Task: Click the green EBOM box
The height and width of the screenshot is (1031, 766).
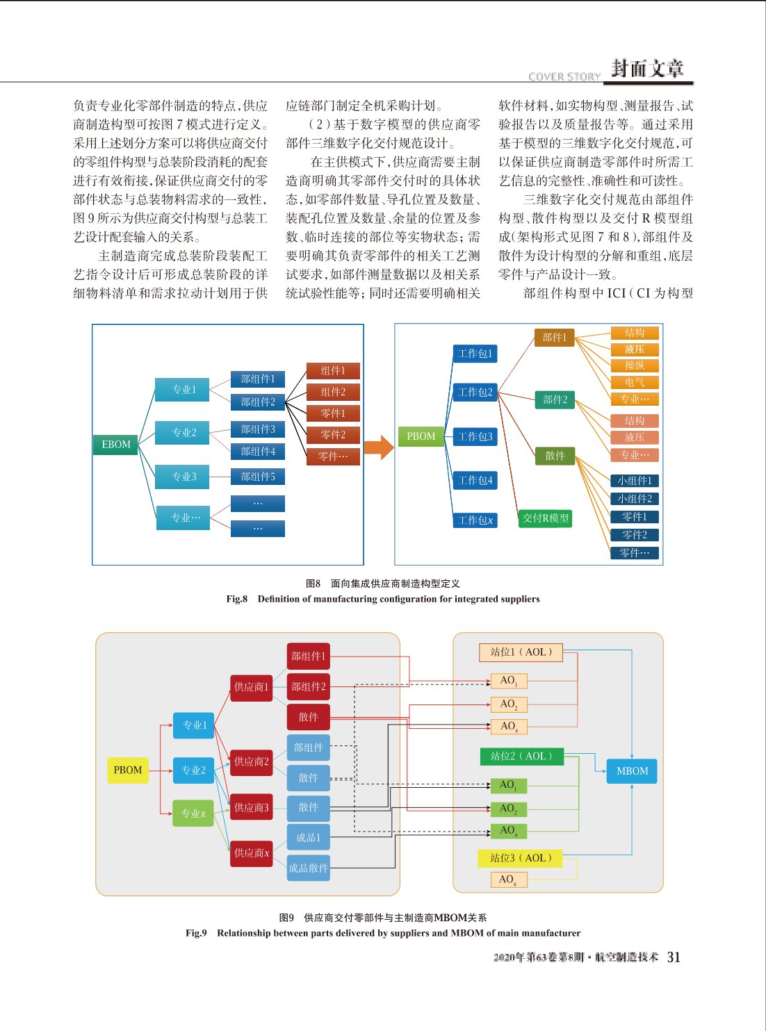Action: [x=116, y=445]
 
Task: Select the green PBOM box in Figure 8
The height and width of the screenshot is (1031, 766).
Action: [x=421, y=436]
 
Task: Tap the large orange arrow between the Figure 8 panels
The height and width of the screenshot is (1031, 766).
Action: [x=379, y=447]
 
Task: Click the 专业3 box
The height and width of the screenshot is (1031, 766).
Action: [x=182, y=477]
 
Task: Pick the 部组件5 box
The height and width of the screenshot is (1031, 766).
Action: [x=258, y=477]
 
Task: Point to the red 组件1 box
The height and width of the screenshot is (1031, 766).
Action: [x=333, y=370]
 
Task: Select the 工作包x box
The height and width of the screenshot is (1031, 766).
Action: [x=475, y=520]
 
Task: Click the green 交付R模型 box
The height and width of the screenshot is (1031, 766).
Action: [x=545, y=518]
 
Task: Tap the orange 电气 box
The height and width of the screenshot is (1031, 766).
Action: [x=635, y=382]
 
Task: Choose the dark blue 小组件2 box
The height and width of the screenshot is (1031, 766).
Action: [x=635, y=499]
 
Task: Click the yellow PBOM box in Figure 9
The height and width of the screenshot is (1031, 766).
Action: [x=128, y=770]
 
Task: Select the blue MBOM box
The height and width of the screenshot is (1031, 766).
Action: [x=632, y=771]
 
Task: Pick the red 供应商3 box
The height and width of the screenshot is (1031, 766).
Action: [x=252, y=807]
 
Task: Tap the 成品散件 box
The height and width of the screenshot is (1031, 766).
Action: [x=309, y=868]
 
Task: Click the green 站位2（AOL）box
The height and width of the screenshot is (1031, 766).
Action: [x=521, y=757]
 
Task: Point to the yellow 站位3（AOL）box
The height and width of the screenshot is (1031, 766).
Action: [x=520, y=858]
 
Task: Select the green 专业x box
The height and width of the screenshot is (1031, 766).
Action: [x=193, y=813]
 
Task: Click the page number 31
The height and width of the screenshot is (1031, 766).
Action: [x=674, y=957]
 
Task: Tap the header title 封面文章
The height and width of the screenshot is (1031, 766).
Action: [x=647, y=69]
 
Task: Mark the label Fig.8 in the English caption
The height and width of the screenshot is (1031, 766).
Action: [x=237, y=599]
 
